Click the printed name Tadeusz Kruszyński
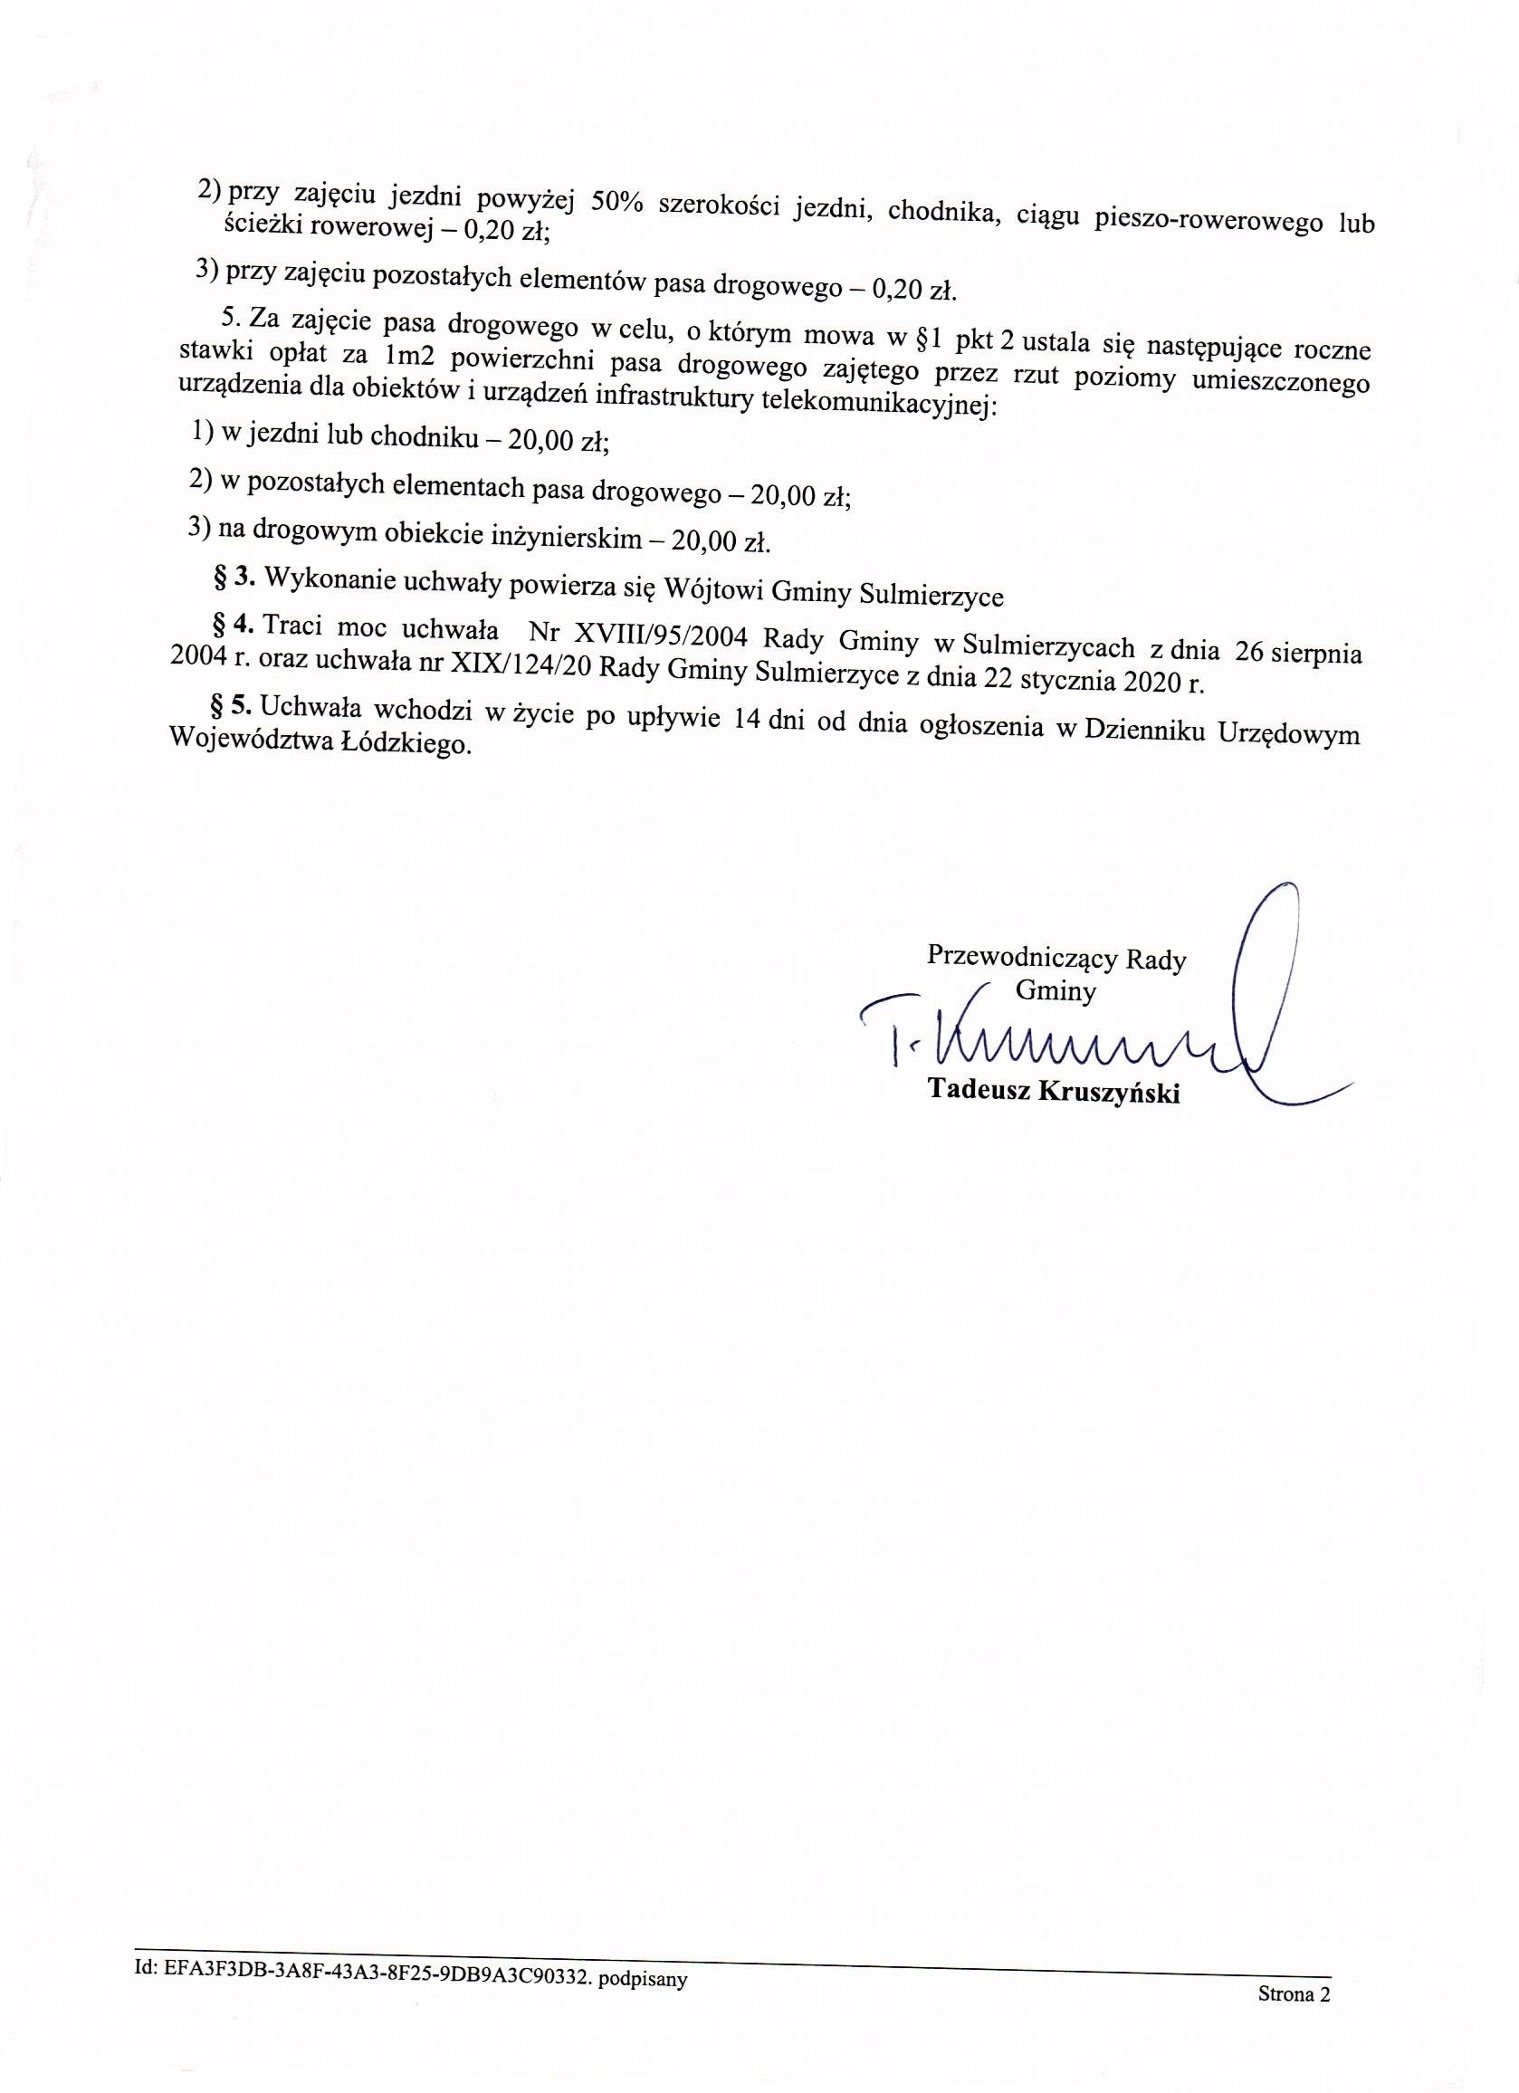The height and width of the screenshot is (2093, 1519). tap(1054, 1092)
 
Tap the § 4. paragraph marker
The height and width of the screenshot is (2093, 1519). tap(232, 626)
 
